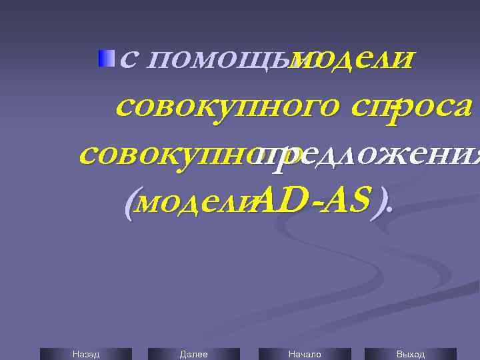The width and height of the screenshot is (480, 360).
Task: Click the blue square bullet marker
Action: click(x=106, y=59)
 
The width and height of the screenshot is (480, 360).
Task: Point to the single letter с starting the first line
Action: click(x=130, y=61)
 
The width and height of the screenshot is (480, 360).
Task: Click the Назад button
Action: click(x=85, y=354)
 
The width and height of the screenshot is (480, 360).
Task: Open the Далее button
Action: click(x=193, y=354)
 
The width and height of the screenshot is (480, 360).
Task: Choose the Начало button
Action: click(x=305, y=354)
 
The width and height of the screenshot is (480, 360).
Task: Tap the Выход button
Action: click(x=410, y=354)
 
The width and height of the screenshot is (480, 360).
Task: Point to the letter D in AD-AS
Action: click(x=291, y=197)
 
